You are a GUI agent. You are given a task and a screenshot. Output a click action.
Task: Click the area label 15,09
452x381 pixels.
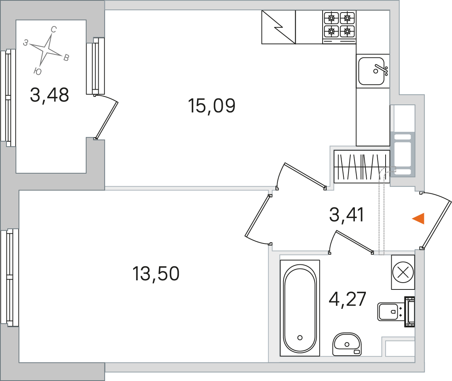(212, 106)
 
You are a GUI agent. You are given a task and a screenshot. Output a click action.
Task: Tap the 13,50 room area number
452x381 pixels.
(156, 273)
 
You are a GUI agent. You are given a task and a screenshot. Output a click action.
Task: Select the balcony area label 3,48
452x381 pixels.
(50, 95)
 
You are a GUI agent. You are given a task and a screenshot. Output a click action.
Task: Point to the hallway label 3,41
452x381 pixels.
(347, 215)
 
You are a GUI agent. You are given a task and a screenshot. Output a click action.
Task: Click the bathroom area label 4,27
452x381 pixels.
(347, 299)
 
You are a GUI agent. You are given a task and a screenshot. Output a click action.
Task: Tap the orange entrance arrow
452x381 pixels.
(418, 218)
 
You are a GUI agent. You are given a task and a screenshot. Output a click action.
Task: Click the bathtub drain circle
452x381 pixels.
(300, 337)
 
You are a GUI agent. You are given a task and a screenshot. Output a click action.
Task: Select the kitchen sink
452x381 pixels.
(372, 71)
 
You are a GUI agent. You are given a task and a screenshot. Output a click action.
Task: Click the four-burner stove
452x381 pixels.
(339, 27)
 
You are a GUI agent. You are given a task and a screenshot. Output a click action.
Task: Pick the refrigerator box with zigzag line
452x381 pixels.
(279, 27)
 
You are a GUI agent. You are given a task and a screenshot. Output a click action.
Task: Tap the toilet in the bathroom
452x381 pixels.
(396, 312)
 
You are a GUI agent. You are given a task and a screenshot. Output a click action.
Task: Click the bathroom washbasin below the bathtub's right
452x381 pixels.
(347, 344)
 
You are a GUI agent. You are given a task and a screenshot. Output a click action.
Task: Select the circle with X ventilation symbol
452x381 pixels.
(403, 272)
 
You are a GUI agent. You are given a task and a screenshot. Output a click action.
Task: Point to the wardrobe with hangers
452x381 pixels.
(362, 166)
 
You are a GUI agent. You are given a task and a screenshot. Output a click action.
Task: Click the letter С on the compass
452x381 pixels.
(54, 30)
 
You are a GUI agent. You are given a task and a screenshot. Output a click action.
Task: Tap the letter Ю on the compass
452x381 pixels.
(38, 71)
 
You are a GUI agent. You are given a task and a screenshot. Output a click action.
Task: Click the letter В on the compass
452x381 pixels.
(66, 58)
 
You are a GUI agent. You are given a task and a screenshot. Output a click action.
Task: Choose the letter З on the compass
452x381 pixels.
(26, 43)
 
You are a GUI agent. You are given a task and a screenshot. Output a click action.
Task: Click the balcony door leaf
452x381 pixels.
(107, 120)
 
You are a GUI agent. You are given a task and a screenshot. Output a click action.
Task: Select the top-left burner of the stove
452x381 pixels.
(331, 19)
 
